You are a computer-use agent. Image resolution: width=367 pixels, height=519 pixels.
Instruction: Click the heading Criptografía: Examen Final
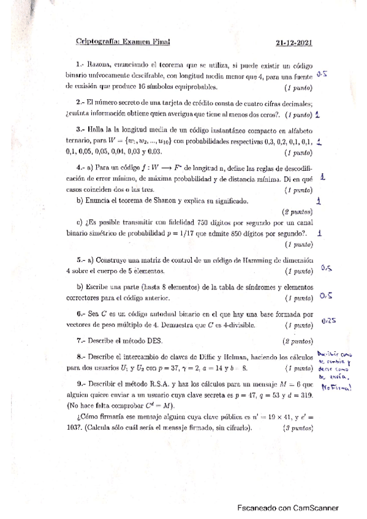coord(122,42)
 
